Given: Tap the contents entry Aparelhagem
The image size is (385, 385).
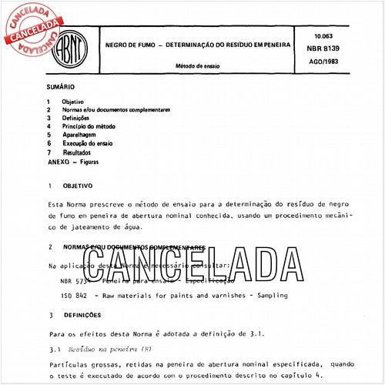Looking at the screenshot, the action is click(82, 135).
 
